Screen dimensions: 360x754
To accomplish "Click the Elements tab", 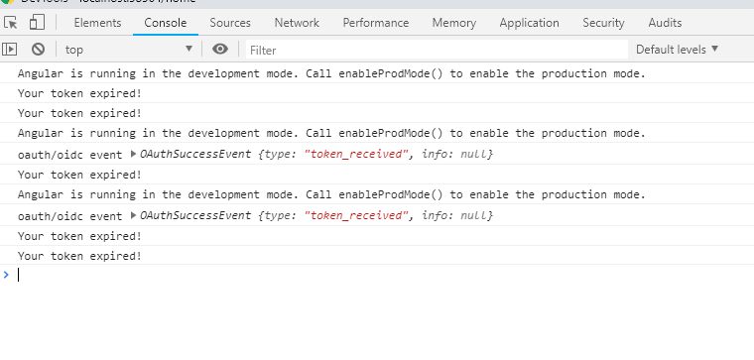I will coord(97,23).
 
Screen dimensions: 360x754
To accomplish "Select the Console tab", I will coord(165,23).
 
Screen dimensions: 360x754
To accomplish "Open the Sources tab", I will coord(230,23).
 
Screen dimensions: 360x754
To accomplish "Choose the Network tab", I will coord(297,23).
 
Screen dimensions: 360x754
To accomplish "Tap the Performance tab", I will coord(376,23).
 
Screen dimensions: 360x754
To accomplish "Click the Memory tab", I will coord(454,23).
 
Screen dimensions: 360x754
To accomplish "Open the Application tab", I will coord(530,23).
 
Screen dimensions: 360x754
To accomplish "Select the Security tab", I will coord(603,23).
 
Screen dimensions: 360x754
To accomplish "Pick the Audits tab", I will coord(665,23).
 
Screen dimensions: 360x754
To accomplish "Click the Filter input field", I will coord(437,49).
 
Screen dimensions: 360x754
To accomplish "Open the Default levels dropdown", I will coord(677,49).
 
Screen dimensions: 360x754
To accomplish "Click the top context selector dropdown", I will coord(128,49).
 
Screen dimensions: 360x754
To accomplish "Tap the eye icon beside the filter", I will coord(220,49).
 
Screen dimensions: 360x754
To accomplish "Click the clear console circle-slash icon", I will coord(38,49).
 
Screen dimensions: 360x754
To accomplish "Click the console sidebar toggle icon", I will coord(10,49).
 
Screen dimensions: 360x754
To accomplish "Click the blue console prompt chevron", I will coord(6,275).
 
